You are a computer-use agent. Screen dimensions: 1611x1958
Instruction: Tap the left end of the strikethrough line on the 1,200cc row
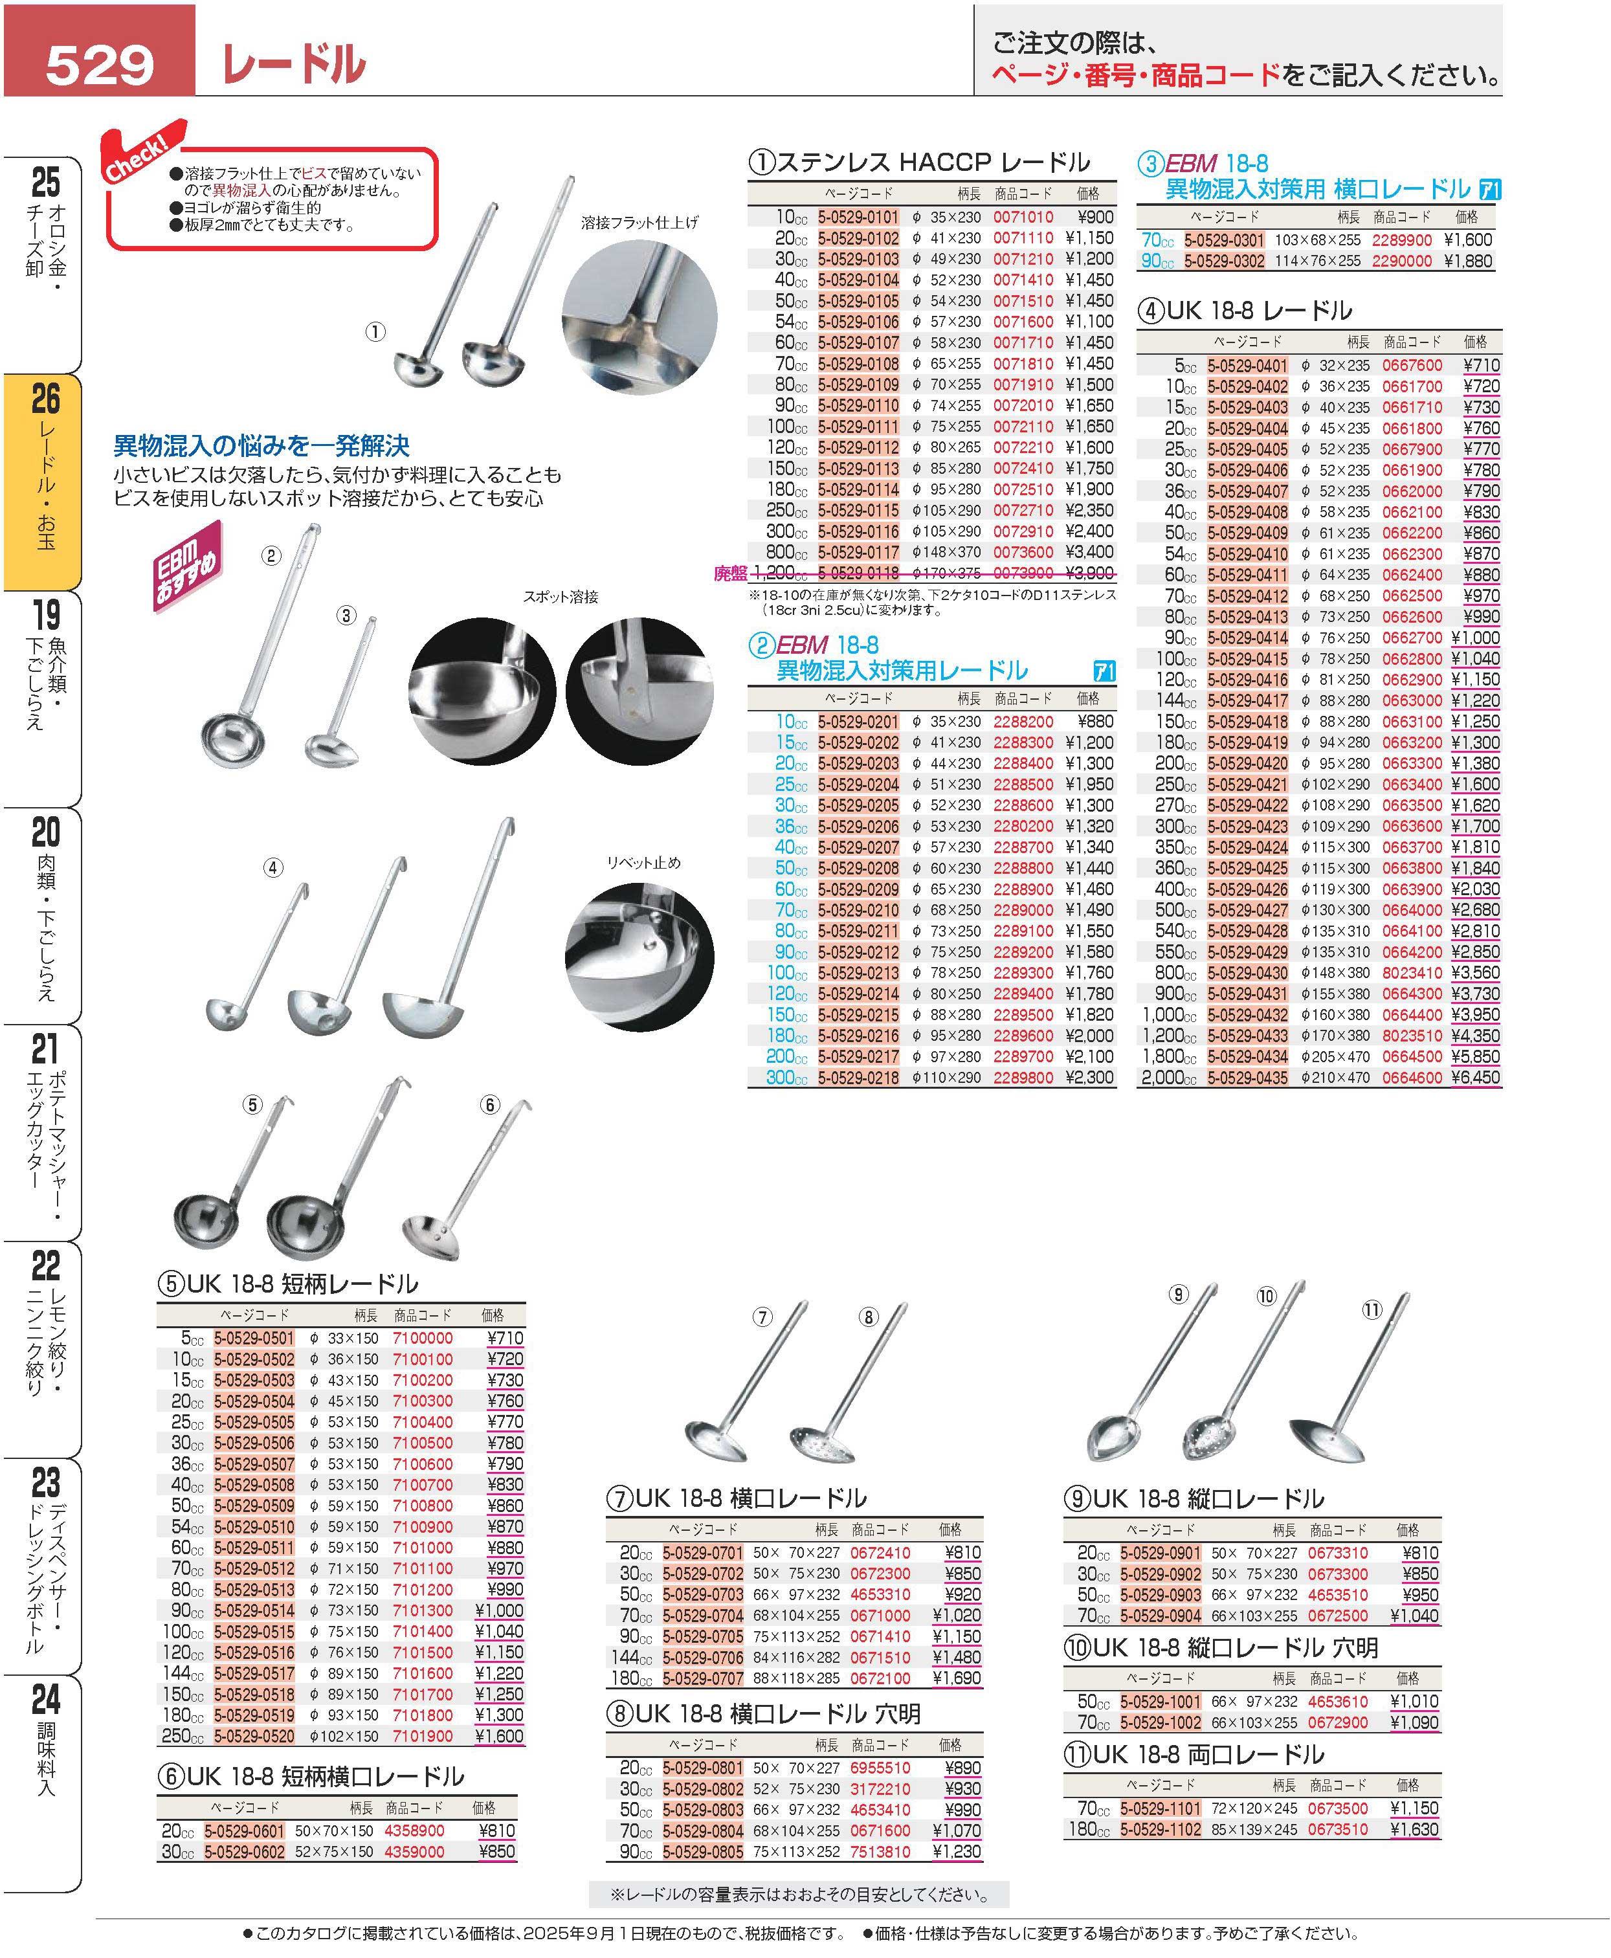coord(750,573)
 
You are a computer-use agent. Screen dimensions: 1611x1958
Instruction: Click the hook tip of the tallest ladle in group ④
coord(511,819)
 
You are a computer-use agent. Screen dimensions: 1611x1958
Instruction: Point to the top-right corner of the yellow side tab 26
coord(82,375)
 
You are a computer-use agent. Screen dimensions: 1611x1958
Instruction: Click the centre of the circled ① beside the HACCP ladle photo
coord(375,332)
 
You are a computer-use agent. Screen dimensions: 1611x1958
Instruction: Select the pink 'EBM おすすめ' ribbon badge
coord(188,565)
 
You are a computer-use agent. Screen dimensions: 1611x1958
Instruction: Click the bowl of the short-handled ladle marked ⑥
coord(432,1234)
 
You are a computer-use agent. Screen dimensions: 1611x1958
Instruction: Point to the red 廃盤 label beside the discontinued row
coord(730,573)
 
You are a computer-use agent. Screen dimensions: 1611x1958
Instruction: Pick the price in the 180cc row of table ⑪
coord(1414,1829)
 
